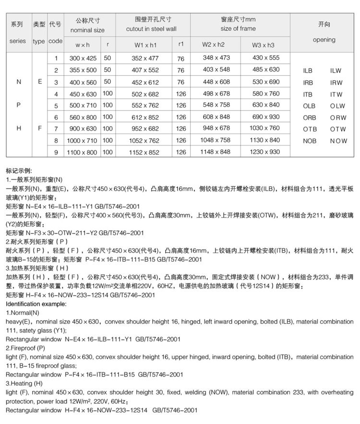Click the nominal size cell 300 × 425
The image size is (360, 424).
(83, 59)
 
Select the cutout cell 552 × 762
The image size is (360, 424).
(146, 105)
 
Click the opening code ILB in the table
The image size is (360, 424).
(308, 71)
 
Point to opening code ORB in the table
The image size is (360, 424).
(309, 117)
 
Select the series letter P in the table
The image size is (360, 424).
(19, 105)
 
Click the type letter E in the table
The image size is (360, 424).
(40, 82)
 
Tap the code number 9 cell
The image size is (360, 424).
(56, 152)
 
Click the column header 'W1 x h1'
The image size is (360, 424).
(146, 45)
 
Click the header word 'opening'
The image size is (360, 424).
(324, 40)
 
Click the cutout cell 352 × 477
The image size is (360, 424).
(146, 59)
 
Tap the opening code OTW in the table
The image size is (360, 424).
(338, 129)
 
